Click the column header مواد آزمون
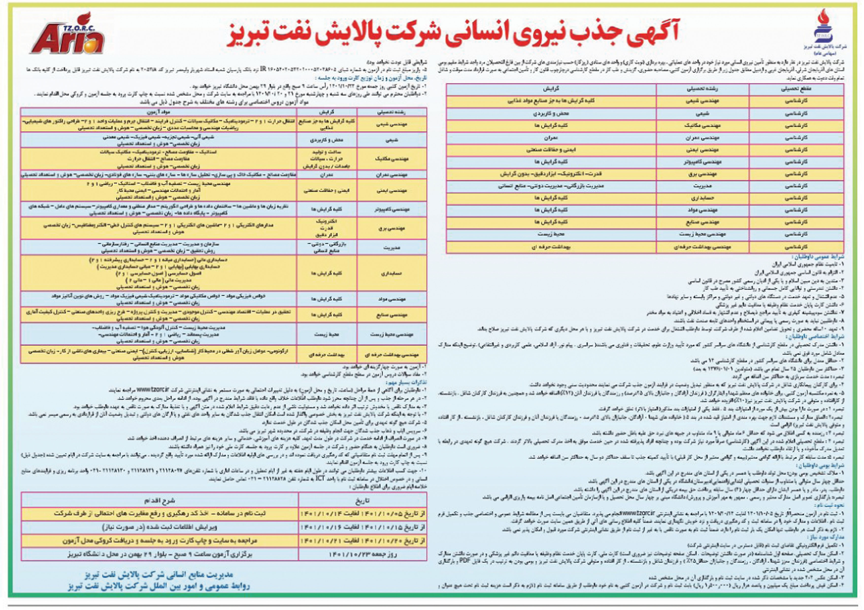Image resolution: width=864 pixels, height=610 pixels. click(158, 112)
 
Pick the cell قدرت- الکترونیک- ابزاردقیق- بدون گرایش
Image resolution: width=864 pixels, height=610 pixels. click(551, 174)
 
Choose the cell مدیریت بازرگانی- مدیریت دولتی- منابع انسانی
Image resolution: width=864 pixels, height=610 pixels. click(551, 186)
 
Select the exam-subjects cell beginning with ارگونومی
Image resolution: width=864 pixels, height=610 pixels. click(158, 354)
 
